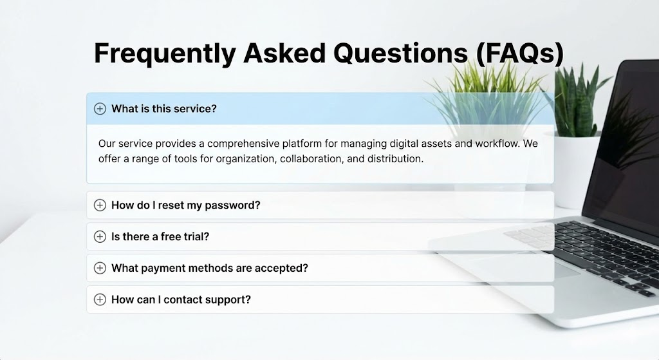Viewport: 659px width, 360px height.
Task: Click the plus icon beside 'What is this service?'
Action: [x=100, y=109]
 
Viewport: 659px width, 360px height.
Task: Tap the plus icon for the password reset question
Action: [x=100, y=205]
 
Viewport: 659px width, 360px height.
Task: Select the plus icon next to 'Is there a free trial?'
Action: [x=100, y=236]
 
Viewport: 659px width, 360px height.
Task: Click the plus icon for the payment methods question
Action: [x=100, y=268]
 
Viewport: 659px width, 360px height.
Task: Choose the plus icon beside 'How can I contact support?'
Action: [x=100, y=299]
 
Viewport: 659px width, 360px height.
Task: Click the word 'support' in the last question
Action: [x=230, y=299]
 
